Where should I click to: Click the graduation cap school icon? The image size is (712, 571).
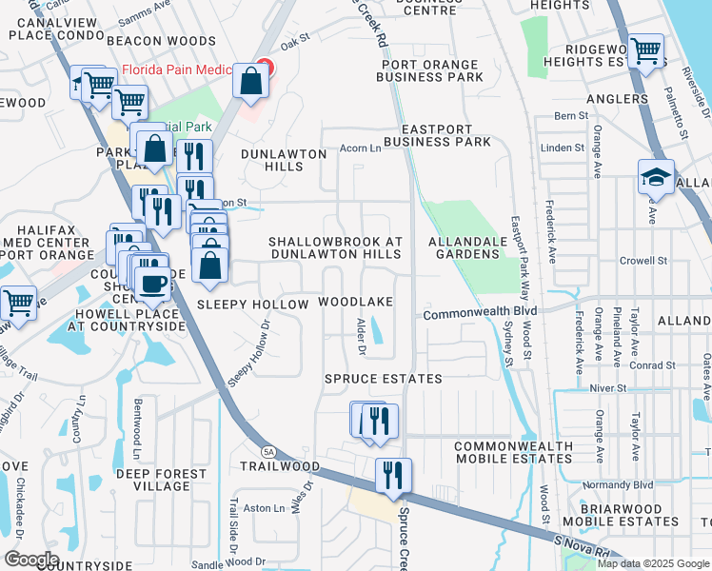pos(656,177)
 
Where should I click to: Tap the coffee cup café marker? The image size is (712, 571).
pos(152,283)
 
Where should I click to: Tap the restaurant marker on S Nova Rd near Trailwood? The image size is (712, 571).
pos(392,475)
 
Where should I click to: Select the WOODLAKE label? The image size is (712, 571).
pos(355,302)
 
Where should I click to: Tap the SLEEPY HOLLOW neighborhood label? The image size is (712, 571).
pos(253,305)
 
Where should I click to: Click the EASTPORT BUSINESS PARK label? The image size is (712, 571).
pos(445,135)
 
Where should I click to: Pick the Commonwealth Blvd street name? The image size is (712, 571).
pos(481,312)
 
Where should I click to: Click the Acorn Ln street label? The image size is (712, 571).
pos(362,148)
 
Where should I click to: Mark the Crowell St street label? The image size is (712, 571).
pos(643,260)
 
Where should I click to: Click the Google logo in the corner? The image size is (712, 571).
pos(31,559)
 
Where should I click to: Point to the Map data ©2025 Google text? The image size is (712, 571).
pos(652,563)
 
